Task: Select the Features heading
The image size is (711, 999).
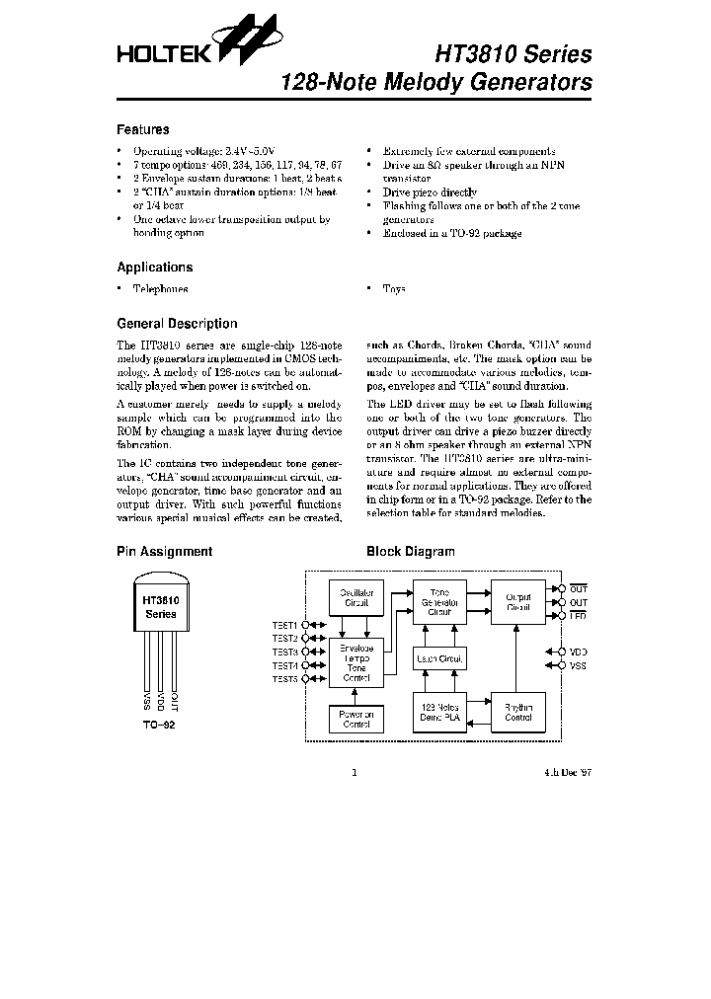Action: [x=143, y=129]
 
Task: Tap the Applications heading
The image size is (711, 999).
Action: [x=155, y=267]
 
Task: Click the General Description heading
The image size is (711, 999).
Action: [x=177, y=324]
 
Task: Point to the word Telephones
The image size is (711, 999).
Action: [x=161, y=289]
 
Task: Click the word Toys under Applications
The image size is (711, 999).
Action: [x=394, y=289]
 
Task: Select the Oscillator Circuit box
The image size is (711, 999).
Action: [x=355, y=598]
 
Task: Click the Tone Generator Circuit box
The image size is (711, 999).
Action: [x=440, y=603]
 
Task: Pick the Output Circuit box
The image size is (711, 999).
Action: [x=518, y=601]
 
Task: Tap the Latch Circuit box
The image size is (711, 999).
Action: [x=440, y=658]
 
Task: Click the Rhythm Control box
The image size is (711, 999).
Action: [x=518, y=712]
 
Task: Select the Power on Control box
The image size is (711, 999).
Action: [x=355, y=719]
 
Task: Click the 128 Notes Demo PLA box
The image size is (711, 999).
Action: [x=440, y=712]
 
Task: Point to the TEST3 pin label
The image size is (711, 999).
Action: [x=284, y=652]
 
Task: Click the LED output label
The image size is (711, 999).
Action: [x=579, y=614]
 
